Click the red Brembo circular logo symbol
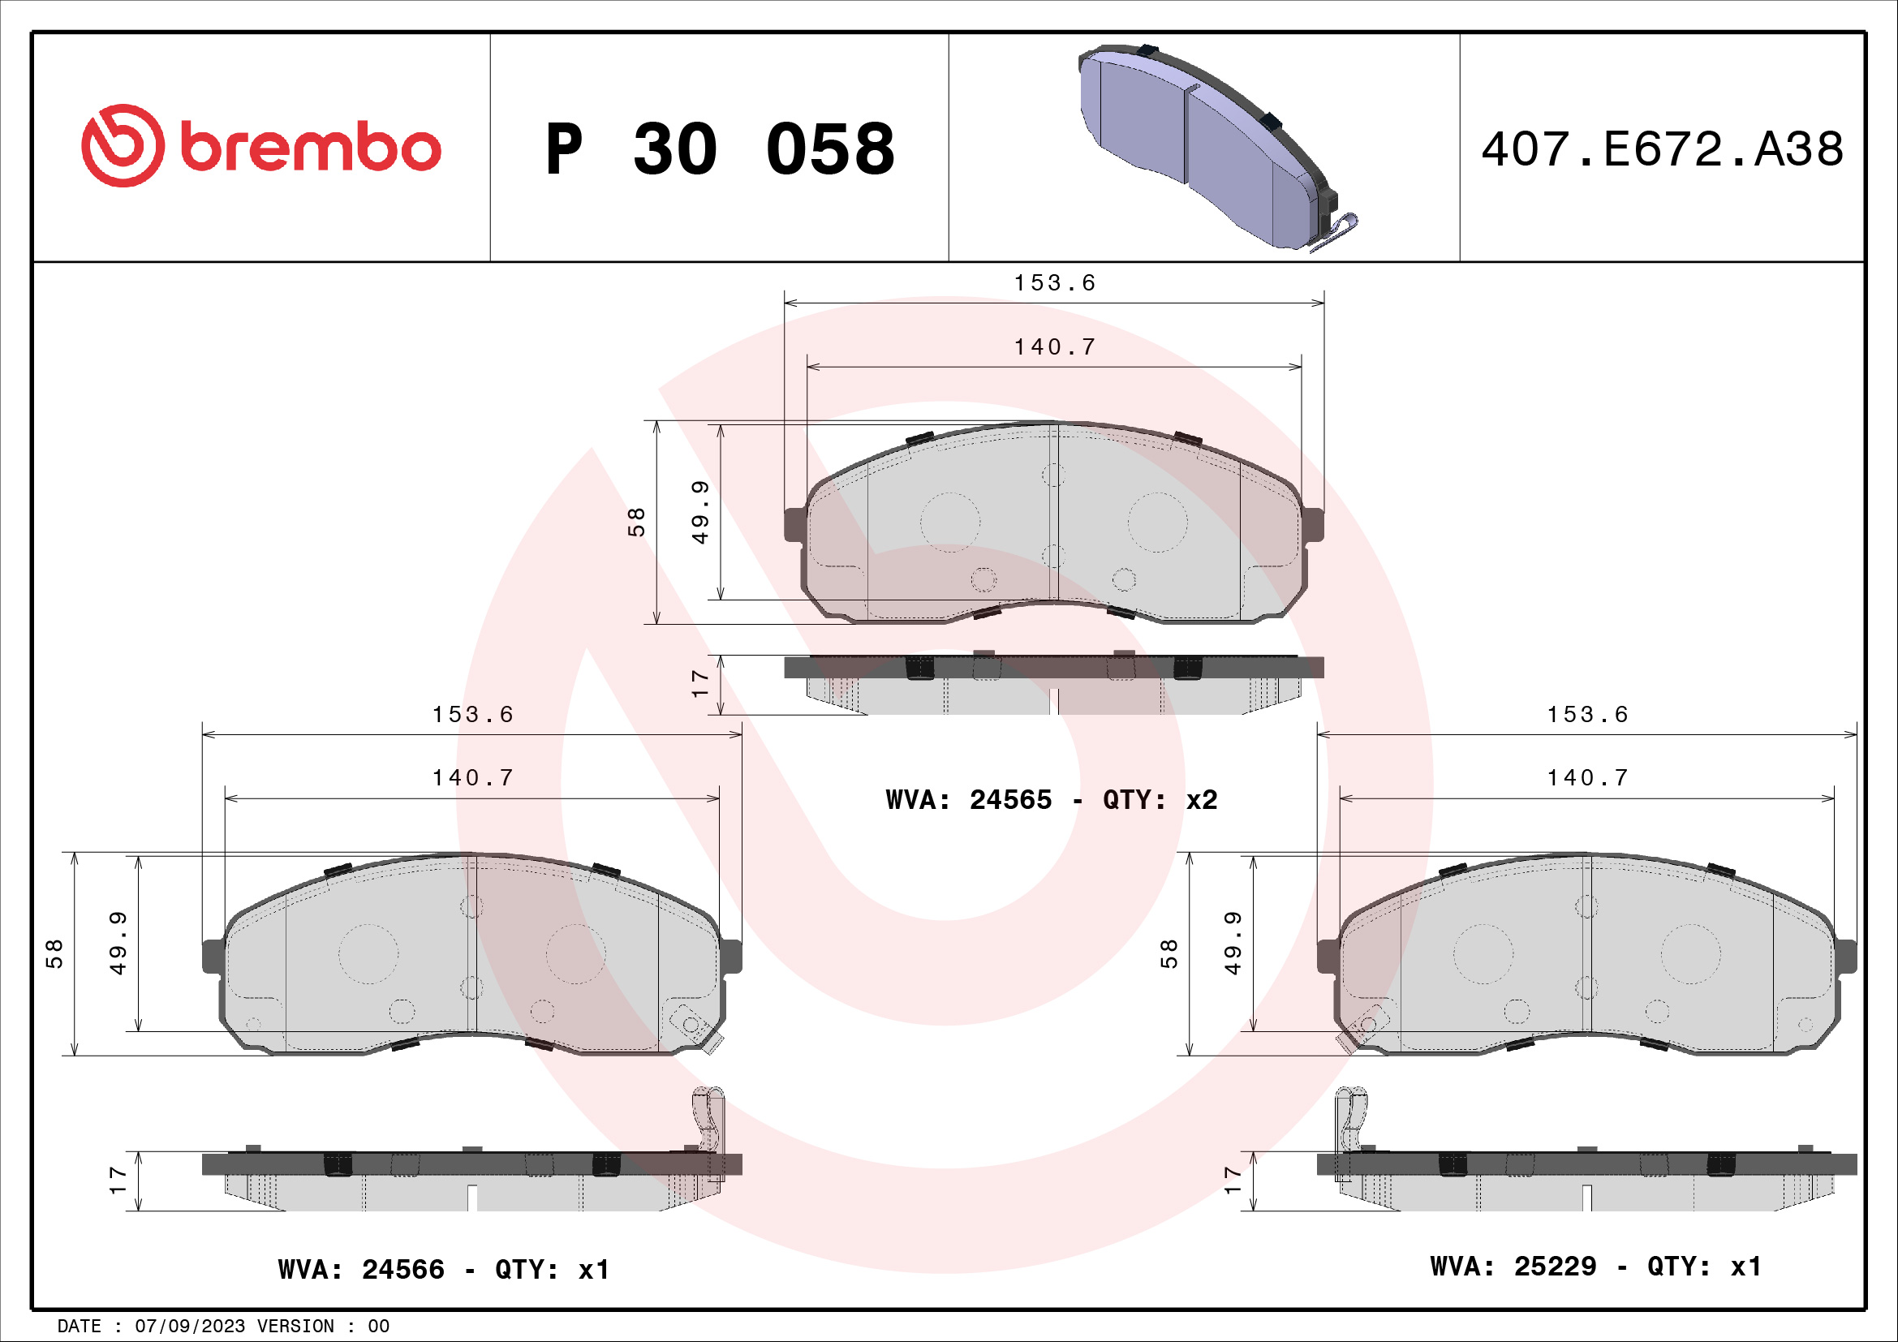[123, 145]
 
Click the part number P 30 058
[719, 149]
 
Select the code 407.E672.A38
[1662, 149]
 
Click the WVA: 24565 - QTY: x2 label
[1051, 800]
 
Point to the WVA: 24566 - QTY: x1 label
[444, 1269]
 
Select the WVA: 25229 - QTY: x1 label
[1595, 1266]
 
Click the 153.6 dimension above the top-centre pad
[1054, 282]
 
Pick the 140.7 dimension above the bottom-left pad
[472, 777]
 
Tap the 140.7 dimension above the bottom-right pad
[1587, 777]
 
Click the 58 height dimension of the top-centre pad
[635, 523]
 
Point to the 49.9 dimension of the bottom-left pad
[118, 943]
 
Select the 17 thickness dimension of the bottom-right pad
[1233, 1180]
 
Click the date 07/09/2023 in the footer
[189, 1327]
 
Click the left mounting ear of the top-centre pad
[794, 525]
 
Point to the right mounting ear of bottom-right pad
[1847, 956]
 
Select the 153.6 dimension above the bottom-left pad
[472, 714]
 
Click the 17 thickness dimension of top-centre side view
[699, 683]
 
